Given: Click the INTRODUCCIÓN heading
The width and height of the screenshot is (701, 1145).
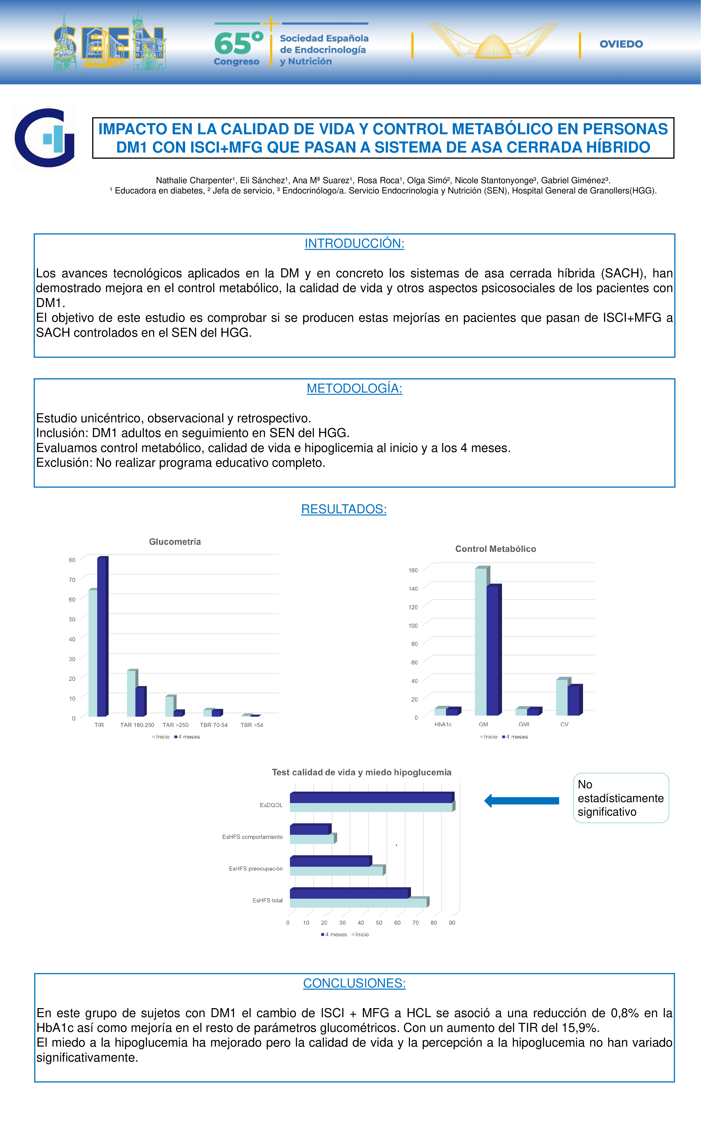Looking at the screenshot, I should point(354,244).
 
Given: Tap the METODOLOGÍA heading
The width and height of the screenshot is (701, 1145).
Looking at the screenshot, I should point(354,389).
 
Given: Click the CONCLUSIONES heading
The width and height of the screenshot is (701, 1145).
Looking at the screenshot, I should point(354,983).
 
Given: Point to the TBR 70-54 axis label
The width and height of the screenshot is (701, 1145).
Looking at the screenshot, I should point(214,725).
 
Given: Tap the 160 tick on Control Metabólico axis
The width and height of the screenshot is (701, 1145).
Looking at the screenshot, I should point(413,570).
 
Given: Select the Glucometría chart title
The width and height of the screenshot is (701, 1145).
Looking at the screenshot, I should point(175,542).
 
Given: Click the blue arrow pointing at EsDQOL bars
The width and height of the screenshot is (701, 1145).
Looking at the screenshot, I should point(521,801).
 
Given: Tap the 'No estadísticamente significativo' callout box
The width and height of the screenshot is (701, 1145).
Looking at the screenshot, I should point(621,798).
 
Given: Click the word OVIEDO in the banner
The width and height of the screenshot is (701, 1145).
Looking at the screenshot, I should point(621,44).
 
